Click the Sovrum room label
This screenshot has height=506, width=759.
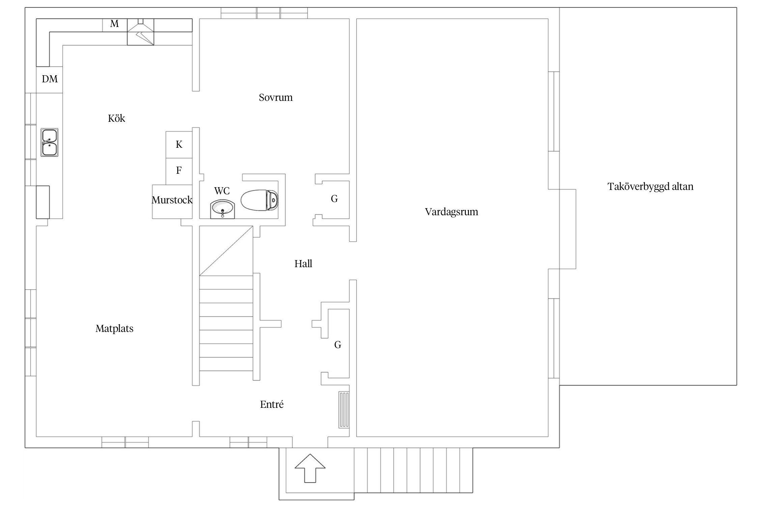(276, 97)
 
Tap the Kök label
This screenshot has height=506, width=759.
(116, 118)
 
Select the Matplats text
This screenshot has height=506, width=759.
(114, 329)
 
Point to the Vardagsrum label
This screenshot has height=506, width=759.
(451, 212)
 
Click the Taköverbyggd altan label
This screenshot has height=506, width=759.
(650, 187)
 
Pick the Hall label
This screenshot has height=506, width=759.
(303, 263)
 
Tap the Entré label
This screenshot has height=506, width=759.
(272, 404)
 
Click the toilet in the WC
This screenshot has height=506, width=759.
(259, 200)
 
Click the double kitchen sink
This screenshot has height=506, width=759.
(49, 142)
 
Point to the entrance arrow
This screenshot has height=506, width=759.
(310, 468)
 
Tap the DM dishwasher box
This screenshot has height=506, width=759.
(50, 79)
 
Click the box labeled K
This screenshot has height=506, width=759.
(179, 145)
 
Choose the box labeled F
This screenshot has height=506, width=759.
(179, 171)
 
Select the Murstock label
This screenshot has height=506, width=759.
(172, 200)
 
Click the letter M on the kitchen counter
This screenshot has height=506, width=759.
(114, 24)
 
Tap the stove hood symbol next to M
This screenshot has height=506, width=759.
(140, 32)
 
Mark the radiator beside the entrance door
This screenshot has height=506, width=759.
(344, 410)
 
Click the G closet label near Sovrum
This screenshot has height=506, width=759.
(334, 199)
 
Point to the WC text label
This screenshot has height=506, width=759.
(222, 191)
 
